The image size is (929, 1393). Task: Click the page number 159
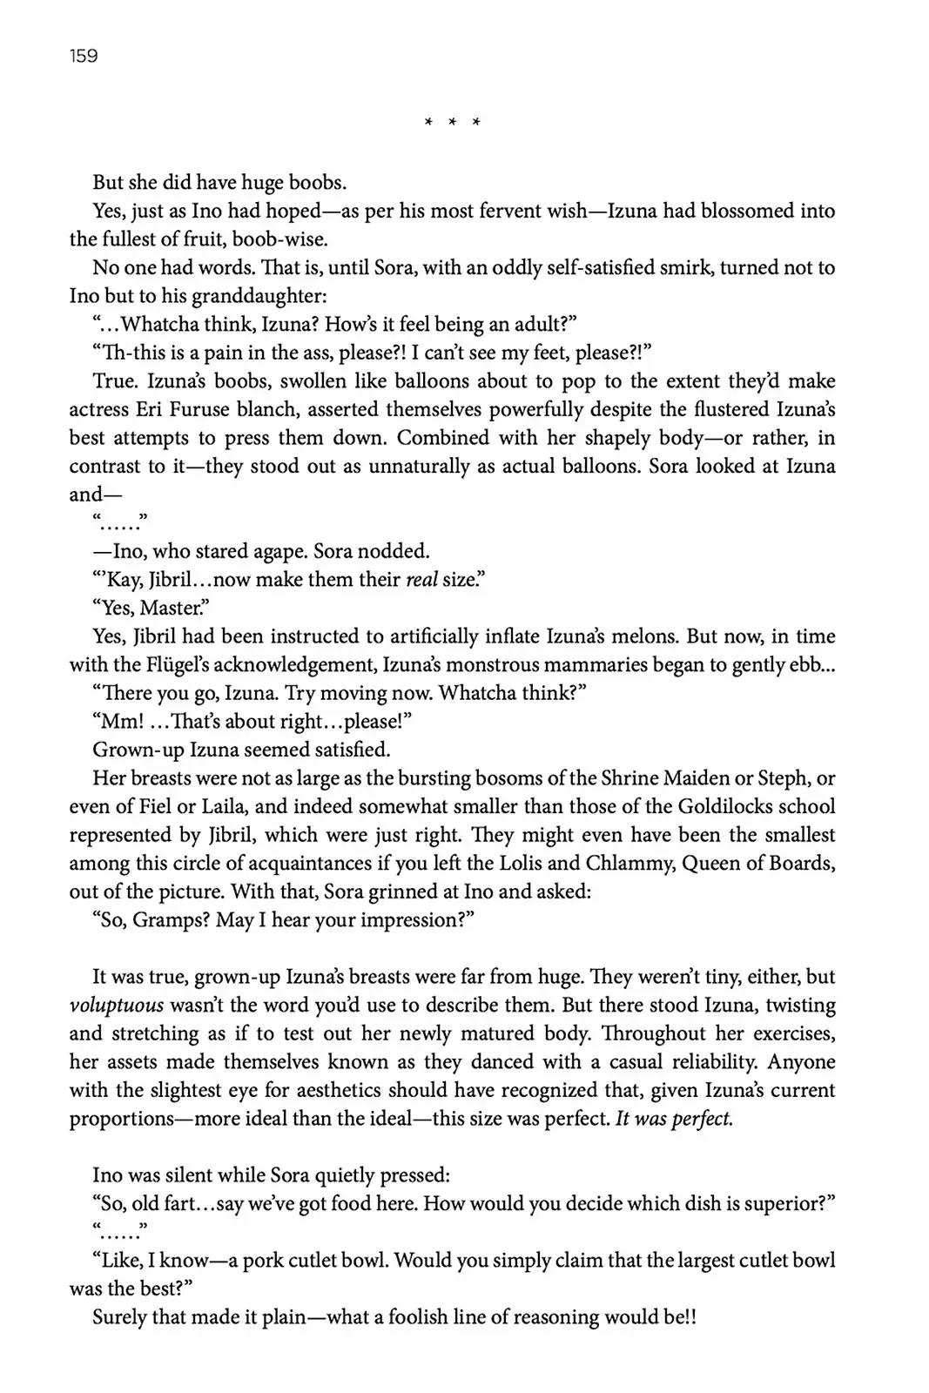[84, 57]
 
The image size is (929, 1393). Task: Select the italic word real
[421, 580]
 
